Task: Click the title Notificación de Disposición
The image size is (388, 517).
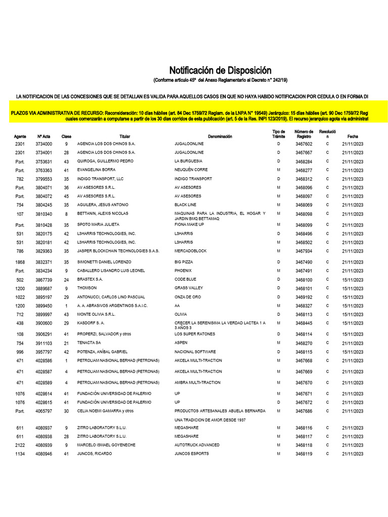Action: (220, 71)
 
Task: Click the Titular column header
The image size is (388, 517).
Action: (125, 136)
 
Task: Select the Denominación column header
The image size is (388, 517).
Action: (220, 136)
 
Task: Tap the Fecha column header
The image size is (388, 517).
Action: (352, 136)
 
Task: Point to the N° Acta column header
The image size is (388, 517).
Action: (43, 136)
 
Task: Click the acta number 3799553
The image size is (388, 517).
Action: (43, 179)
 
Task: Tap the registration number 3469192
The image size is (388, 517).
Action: (304, 297)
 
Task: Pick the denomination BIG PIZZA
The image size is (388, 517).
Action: (184, 262)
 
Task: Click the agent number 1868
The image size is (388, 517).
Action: (20, 262)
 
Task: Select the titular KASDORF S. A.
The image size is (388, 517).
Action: (90, 323)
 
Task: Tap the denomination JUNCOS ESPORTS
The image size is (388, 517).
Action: (192, 454)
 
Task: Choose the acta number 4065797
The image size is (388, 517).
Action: (43, 411)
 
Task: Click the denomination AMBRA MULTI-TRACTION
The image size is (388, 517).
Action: (198, 383)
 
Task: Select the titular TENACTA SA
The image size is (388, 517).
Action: (89, 343)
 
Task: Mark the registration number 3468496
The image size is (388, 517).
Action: (304, 234)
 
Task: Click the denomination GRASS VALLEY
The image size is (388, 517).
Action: (189, 288)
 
